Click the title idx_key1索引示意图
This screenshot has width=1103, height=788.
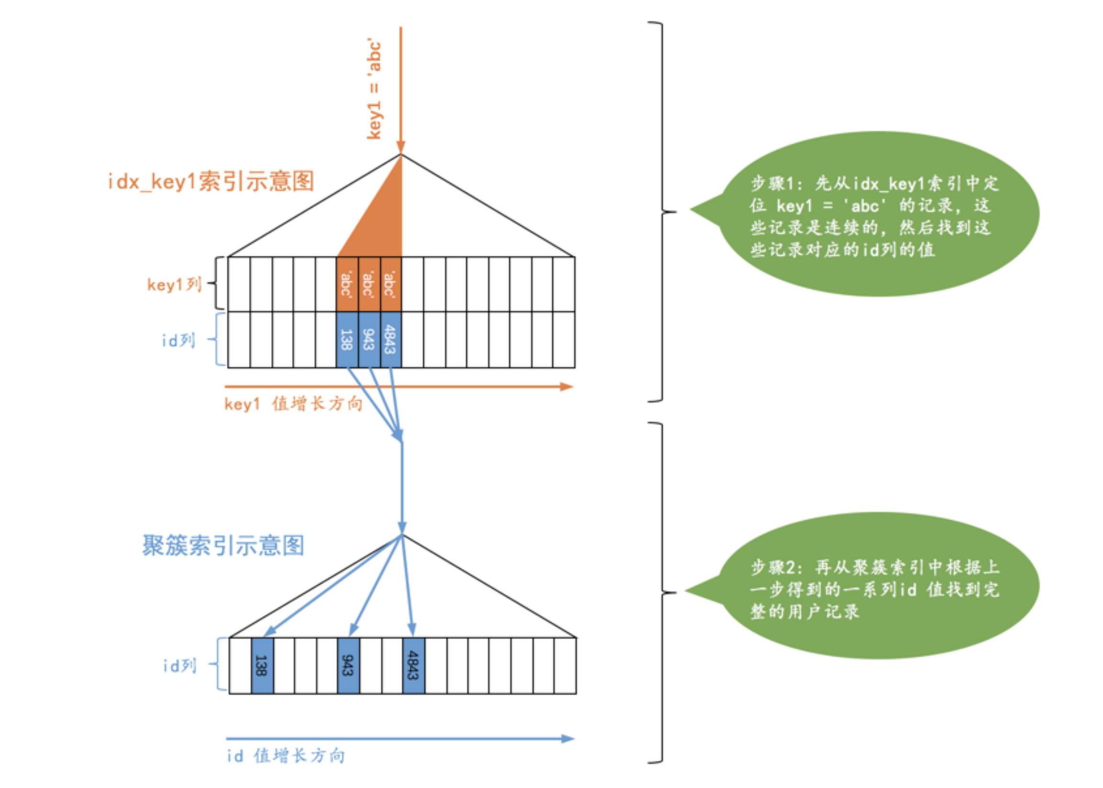(210, 182)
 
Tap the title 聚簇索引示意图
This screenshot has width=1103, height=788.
(223, 545)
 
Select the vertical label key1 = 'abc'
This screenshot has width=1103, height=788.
(374, 89)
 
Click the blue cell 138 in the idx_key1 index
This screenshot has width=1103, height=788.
(346, 339)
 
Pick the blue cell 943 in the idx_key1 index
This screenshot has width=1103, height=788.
(369, 339)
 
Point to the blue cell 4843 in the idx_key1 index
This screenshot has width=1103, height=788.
(390, 339)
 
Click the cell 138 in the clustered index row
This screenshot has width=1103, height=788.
(262, 665)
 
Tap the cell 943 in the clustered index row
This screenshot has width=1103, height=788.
(348, 665)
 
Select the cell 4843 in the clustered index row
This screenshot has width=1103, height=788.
(413, 665)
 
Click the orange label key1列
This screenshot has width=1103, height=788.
(174, 285)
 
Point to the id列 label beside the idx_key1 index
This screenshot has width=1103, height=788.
(178, 340)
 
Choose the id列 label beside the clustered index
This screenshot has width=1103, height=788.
(179, 665)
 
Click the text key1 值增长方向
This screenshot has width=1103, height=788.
(293, 403)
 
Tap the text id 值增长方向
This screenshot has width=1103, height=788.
(286, 755)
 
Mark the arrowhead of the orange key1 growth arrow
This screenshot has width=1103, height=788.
(567, 387)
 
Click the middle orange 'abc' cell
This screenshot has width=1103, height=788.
(369, 285)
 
